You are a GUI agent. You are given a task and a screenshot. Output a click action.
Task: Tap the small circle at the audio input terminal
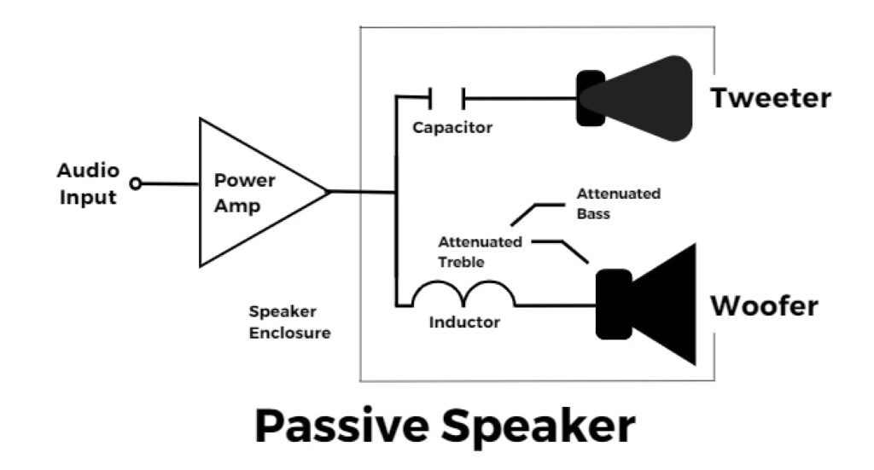[x=134, y=183]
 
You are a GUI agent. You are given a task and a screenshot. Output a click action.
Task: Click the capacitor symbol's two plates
[x=446, y=98]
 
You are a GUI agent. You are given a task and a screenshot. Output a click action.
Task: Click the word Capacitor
[x=452, y=128]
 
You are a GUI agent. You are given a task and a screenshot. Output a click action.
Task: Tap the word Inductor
[x=464, y=322]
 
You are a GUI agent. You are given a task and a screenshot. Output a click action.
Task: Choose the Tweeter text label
[x=771, y=98]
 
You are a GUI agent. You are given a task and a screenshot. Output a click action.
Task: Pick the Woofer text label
[x=765, y=305]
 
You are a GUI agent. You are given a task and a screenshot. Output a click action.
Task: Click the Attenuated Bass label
[x=618, y=203]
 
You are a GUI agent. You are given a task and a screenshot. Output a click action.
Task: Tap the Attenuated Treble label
[x=480, y=252]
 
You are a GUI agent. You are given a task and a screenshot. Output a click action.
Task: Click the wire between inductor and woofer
[x=555, y=305]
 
